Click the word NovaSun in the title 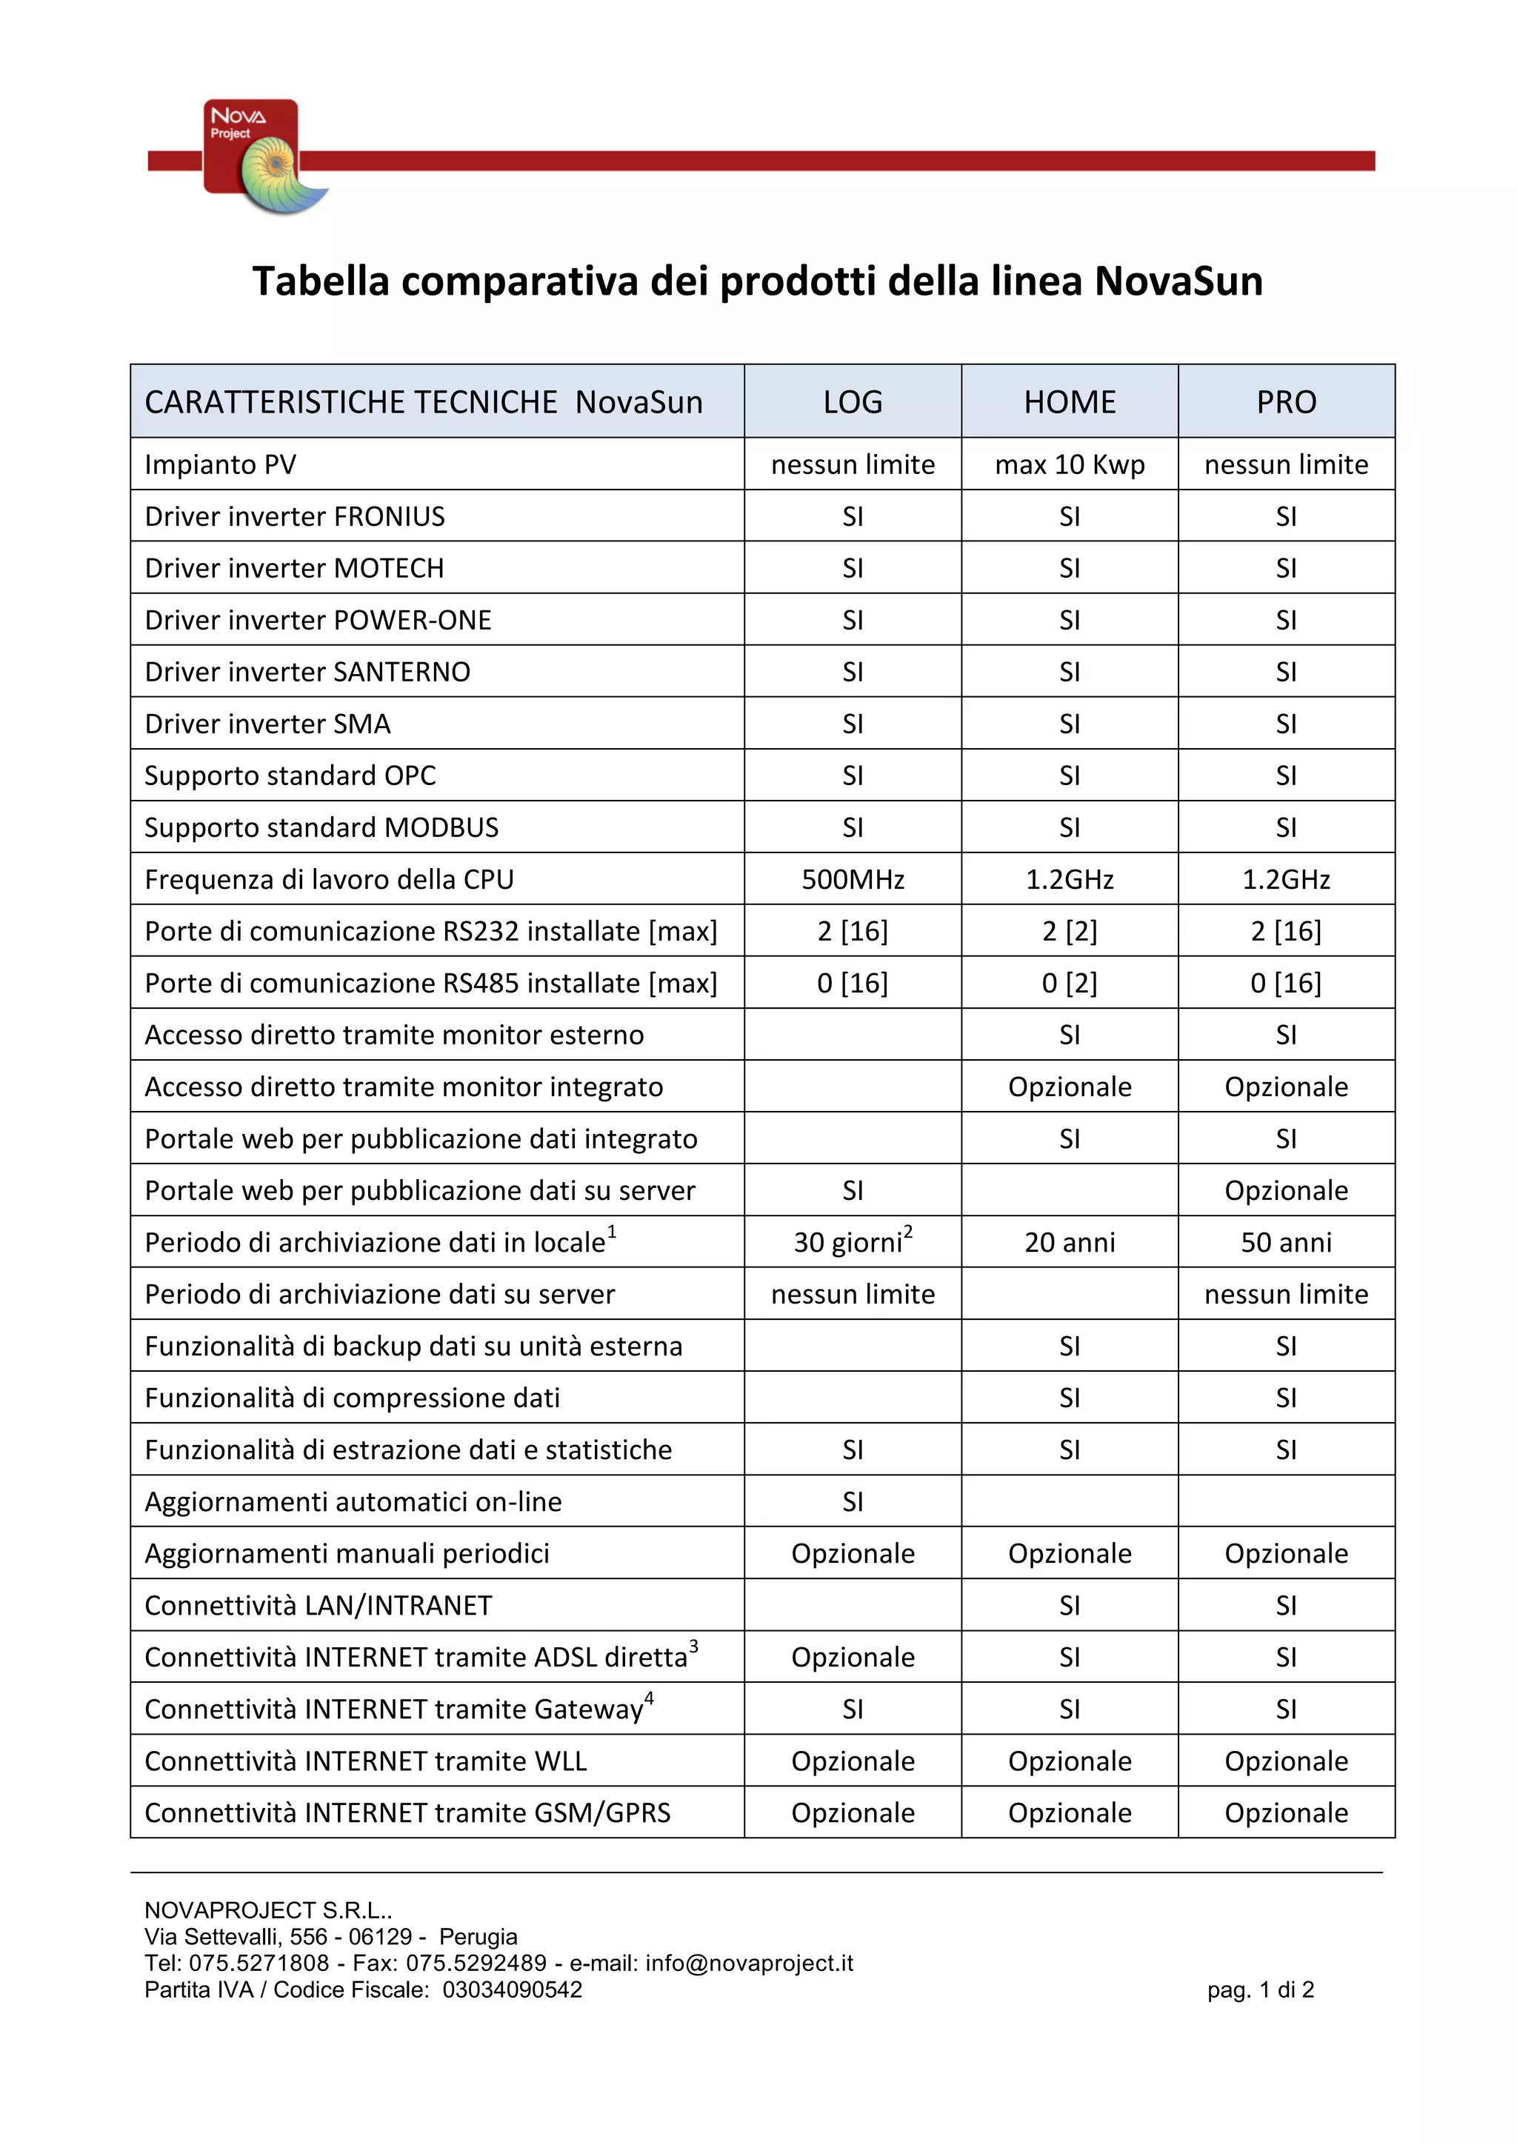(x=1178, y=281)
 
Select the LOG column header (x=852, y=401)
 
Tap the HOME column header (x=1070, y=401)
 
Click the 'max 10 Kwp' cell (x=1070, y=464)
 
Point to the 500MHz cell (x=852, y=879)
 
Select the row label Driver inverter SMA (x=267, y=724)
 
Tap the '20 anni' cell (x=1070, y=1243)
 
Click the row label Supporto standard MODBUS (x=321, y=828)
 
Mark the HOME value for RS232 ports (x=1070, y=932)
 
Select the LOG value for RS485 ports (x=852, y=983)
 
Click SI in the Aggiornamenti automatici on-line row (x=852, y=1501)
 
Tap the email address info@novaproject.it (x=748, y=1963)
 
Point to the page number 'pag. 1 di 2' (x=1259, y=1990)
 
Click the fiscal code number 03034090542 (x=512, y=1990)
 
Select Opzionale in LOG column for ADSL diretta (x=852, y=1658)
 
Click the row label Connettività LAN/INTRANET (x=318, y=1605)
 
